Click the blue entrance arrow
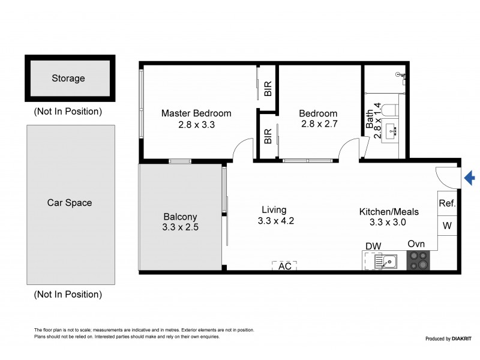(x=470, y=178)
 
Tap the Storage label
(x=68, y=78)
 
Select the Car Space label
(x=70, y=203)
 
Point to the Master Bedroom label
(x=196, y=113)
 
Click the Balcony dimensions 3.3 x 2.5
(x=180, y=227)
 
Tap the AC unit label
(x=285, y=266)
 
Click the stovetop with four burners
(x=419, y=260)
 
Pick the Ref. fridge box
(x=447, y=203)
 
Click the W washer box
(x=447, y=226)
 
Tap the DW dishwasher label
(x=373, y=245)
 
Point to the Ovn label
(x=416, y=244)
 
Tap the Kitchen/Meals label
(x=389, y=211)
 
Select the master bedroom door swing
(x=242, y=150)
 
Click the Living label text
(x=274, y=209)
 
